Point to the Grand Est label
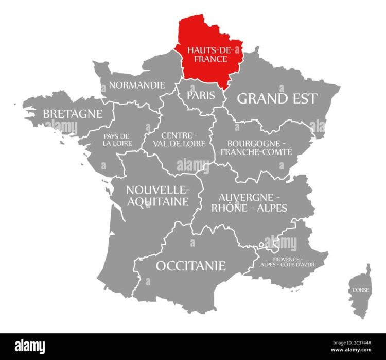(x=277, y=98)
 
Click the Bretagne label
(x=73, y=113)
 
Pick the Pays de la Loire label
(x=117, y=140)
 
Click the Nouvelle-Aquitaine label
(x=157, y=196)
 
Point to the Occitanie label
(x=190, y=266)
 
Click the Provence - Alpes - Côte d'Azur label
(x=287, y=261)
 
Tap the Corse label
(x=360, y=290)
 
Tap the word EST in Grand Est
(x=300, y=98)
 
